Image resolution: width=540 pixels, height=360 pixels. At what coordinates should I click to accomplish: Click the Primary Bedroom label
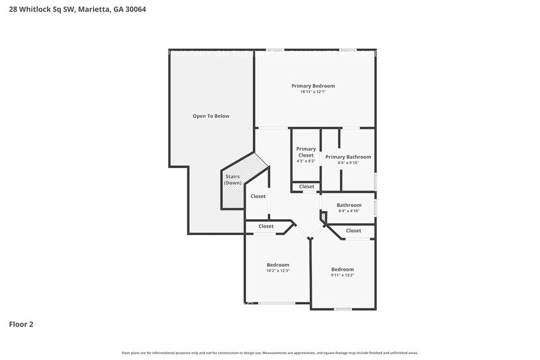(313, 86)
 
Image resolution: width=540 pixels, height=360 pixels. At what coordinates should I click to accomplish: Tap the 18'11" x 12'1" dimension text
(313, 92)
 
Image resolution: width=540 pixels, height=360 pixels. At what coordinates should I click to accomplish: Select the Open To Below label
(211, 116)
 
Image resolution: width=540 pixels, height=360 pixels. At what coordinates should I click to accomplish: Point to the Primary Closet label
(306, 152)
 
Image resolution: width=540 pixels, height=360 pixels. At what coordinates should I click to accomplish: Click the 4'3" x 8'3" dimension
(306, 161)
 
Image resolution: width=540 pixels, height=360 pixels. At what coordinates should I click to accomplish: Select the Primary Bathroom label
(348, 157)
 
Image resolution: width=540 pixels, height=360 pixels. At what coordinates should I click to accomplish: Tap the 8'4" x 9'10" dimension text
(348, 163)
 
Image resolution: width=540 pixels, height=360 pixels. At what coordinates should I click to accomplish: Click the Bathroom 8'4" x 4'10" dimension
(349, 211)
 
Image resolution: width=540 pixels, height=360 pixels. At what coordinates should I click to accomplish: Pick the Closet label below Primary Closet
(307, 187)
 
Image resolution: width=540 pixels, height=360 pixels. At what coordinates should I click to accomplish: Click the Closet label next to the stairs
(258, 197)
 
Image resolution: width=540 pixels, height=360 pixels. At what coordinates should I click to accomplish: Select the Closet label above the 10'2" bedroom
(266, 227)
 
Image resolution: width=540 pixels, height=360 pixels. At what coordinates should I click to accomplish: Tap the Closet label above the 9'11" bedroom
(353, 231)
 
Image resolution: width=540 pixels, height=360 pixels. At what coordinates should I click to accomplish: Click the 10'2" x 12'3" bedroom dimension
(278, 271)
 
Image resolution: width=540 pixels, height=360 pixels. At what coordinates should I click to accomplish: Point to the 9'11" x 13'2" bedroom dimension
(343, 276)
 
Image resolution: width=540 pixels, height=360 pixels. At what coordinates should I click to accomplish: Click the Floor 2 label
(21, 324)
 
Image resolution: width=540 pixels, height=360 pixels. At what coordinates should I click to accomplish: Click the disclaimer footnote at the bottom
(270, 353)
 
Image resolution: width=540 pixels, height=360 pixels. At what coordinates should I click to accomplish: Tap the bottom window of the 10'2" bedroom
(277, 303)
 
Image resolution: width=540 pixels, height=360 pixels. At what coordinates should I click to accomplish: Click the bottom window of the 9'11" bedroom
(342, 309)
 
